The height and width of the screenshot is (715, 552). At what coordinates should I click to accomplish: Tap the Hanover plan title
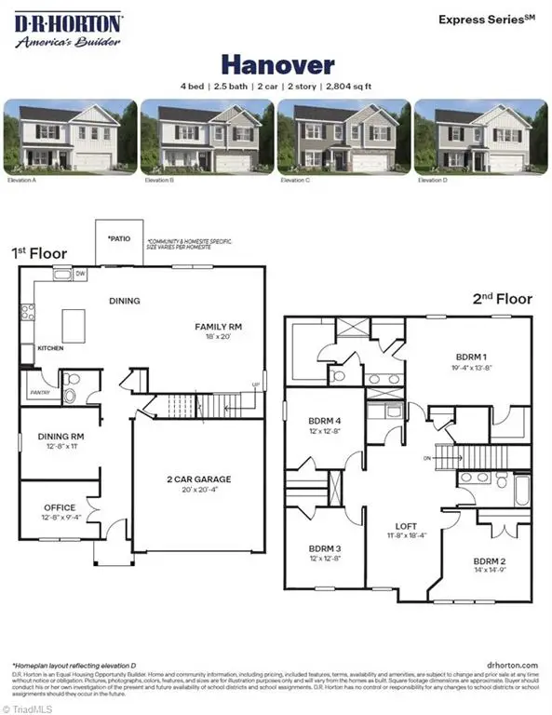pyautogui.click(x=276, y=64)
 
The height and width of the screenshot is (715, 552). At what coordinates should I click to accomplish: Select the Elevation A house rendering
pyautogui.click(x=70, y=137)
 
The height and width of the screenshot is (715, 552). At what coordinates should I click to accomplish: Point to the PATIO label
pyautogui.click(x=118, y=238)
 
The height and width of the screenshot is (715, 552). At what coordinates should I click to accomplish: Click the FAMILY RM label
pyautogui.click(x=219, y=326)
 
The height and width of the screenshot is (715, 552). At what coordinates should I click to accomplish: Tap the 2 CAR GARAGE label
pyautogui.click(x=198, y=479)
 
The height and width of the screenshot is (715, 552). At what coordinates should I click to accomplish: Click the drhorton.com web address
pyautogui.click(x=513, y=665)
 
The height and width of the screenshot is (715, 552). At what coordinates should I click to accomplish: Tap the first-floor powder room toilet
pyautogui.click(x=72, y=387)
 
